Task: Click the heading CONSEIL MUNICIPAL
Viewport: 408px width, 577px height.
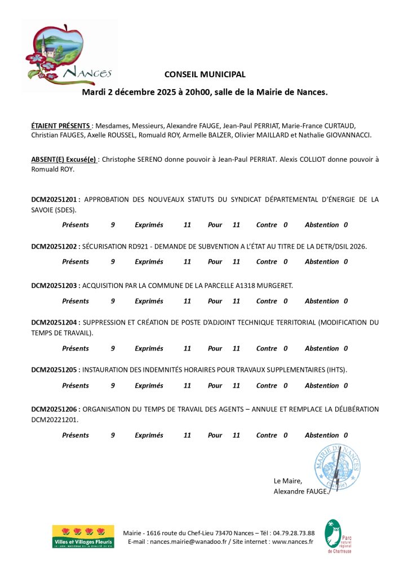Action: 205,74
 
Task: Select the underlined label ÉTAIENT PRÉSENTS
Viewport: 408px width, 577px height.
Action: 60,125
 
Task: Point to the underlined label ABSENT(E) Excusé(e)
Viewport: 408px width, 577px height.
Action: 64,159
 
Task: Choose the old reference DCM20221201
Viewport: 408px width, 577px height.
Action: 55,420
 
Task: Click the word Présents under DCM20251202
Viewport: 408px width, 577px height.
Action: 76,261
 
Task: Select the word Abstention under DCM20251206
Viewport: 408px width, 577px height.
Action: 322,435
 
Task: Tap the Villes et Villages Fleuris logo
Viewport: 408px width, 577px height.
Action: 83,537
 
